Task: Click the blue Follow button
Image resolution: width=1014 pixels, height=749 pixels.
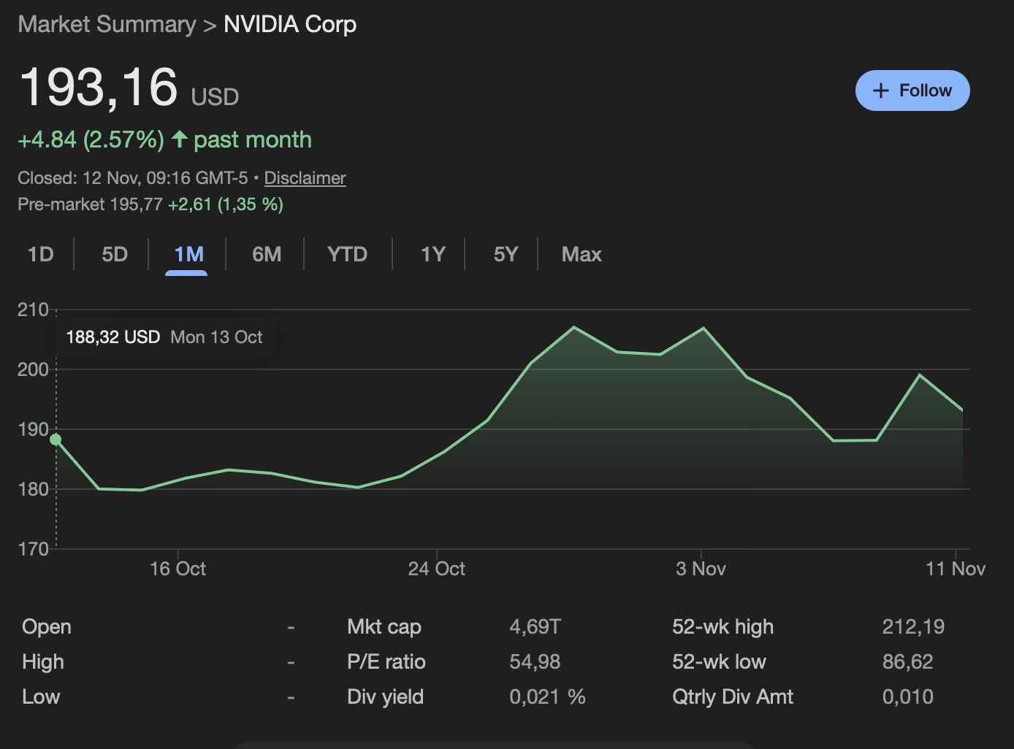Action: (912, 91)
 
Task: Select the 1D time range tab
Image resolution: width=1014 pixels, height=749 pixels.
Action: (41, 254)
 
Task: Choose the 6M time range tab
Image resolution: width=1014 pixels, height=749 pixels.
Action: (267, 254)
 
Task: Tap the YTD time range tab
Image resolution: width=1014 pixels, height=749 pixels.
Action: (347, 254)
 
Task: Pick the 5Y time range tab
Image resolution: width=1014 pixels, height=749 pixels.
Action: (506, 254)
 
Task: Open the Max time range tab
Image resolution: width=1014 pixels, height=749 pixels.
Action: (582, 254)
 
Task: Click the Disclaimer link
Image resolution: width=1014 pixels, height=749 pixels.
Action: (305, 178)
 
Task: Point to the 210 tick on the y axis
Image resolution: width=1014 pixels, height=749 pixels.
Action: (33, 310)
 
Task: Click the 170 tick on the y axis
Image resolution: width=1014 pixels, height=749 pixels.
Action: (33, 548)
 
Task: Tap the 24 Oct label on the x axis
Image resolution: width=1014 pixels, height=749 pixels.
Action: (436, 569)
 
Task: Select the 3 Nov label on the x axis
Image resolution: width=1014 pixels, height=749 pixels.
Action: (701, 569)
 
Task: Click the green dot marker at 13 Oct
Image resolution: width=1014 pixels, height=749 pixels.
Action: (56, 439)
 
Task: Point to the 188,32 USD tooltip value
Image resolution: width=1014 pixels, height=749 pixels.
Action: (113, 337)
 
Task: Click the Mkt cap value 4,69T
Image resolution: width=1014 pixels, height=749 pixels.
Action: (535, 626)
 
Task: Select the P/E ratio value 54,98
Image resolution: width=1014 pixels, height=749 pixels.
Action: (535, 661)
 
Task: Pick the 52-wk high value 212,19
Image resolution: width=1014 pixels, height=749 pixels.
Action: (913, 626)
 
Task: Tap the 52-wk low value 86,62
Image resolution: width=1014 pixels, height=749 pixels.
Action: (907, 661)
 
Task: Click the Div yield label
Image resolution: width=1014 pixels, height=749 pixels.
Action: (385, 696)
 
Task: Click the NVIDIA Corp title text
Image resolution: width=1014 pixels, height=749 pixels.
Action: (290, 24)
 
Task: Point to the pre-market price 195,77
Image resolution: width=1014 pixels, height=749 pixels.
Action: (136, 204)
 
